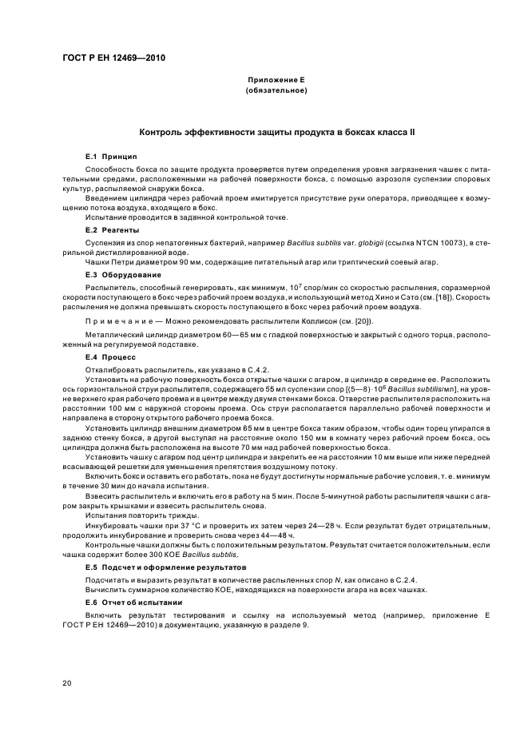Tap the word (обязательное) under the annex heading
[x=276, y=92]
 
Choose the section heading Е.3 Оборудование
[x=121, y=274]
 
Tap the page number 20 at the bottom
[x=69, y=682]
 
